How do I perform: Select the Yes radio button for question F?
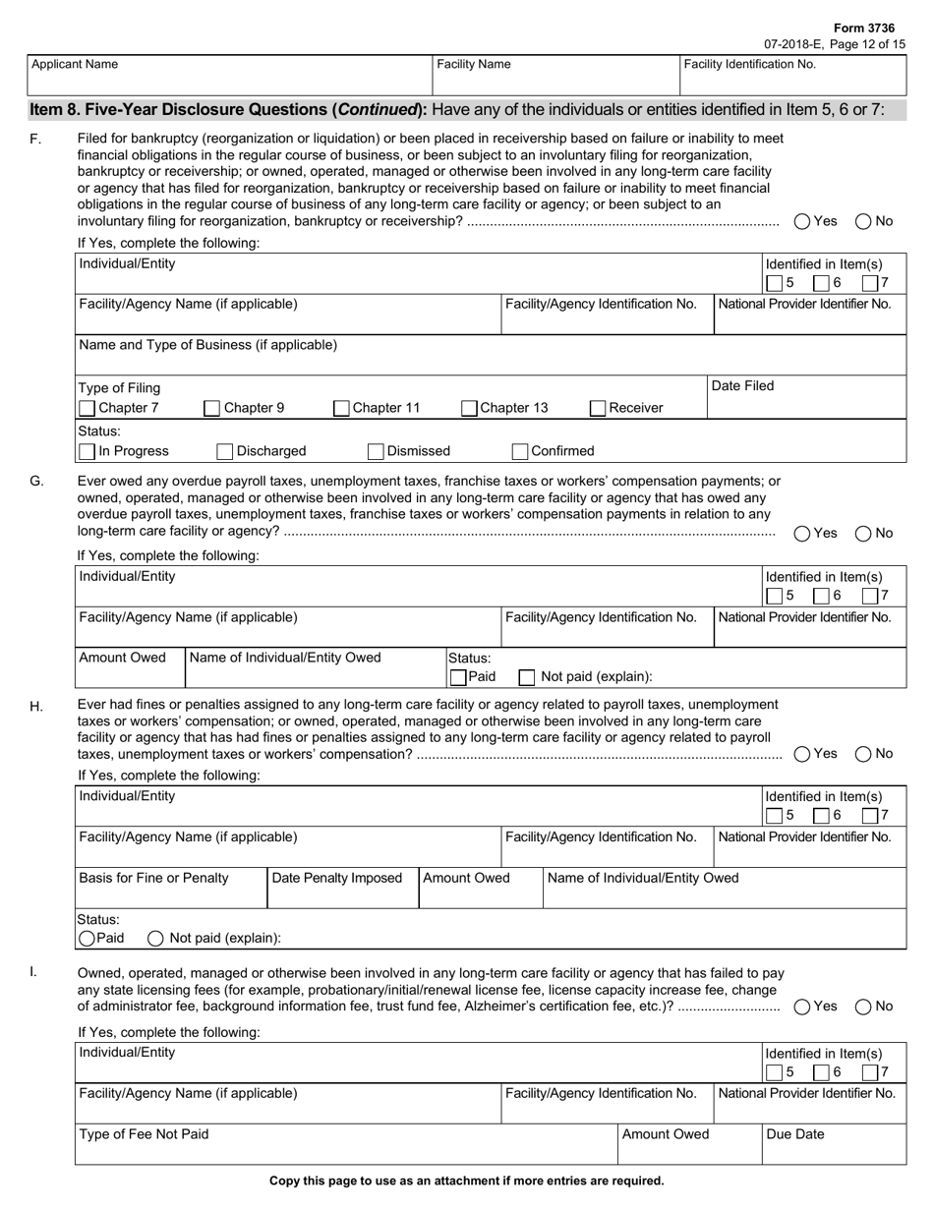tap(802, 221)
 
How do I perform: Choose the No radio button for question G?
tap(863, 533)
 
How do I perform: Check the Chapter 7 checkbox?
tap(88, 408)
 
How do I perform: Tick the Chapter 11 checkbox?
tap(341, 408)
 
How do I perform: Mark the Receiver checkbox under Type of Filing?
tap(598, 408)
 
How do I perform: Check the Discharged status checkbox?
tap(224, 451)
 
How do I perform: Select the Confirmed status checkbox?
tap(520, 451)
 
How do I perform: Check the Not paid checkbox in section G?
tap(527, 676)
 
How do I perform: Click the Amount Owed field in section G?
tap(130, 674)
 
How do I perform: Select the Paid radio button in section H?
tap(87, 938)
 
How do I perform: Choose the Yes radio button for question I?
tap(802, 1007)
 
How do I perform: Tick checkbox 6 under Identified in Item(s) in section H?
tap(822, 815)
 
